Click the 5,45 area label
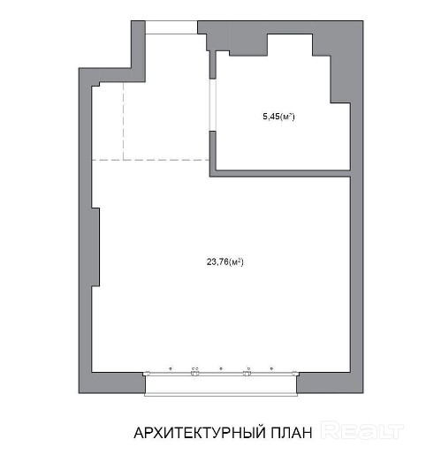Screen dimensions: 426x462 click(x=278, y=117)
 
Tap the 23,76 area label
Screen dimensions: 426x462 click(x=225, y=261)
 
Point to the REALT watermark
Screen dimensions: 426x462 click(x=362, y=431)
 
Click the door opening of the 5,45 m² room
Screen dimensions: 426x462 click(x=212, y=105)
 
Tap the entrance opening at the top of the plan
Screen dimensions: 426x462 click(x=171, y=27)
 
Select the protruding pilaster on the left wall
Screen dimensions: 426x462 click(x=95, y=247)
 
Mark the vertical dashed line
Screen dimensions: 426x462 click(x=123, y=121)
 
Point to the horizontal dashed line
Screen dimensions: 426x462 click(x=150, y=160)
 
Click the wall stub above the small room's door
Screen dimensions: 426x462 click(x=212, y=64)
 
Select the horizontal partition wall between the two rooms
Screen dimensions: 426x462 click(x=280, y=173)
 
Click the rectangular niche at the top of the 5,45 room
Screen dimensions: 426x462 click(x=290, y=44)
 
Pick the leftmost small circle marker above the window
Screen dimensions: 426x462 click(x=171, y=368)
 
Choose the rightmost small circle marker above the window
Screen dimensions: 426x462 click(x=271, y=368)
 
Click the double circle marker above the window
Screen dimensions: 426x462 click(x=195, y=368)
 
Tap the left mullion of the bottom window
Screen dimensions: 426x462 click(x=194, y=374)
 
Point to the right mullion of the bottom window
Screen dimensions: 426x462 click(x=247, y=374)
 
